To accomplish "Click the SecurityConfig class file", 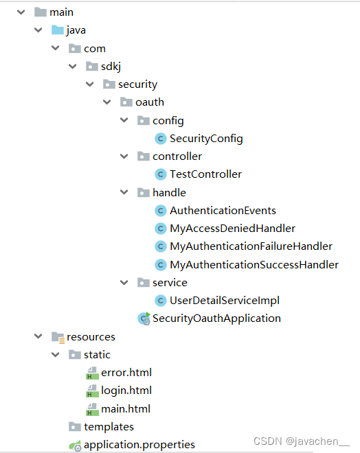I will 206,139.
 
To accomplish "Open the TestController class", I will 205,174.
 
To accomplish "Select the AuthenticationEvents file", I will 223,211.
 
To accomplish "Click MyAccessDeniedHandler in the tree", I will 232,229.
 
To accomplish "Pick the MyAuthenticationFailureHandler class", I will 251,246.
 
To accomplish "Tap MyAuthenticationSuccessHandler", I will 254,264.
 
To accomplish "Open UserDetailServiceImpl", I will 224,300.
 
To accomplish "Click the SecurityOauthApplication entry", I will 216,318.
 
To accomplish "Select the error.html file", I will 126,373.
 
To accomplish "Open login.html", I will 126,391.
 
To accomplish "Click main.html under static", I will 125,409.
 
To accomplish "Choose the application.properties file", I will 139,445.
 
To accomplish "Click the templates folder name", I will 109,427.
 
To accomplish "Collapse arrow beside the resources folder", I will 38,337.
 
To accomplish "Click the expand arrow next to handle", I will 124,193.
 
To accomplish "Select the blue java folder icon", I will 58,30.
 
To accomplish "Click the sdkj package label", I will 109,67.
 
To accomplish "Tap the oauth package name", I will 150,102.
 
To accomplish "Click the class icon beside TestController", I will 161,174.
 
